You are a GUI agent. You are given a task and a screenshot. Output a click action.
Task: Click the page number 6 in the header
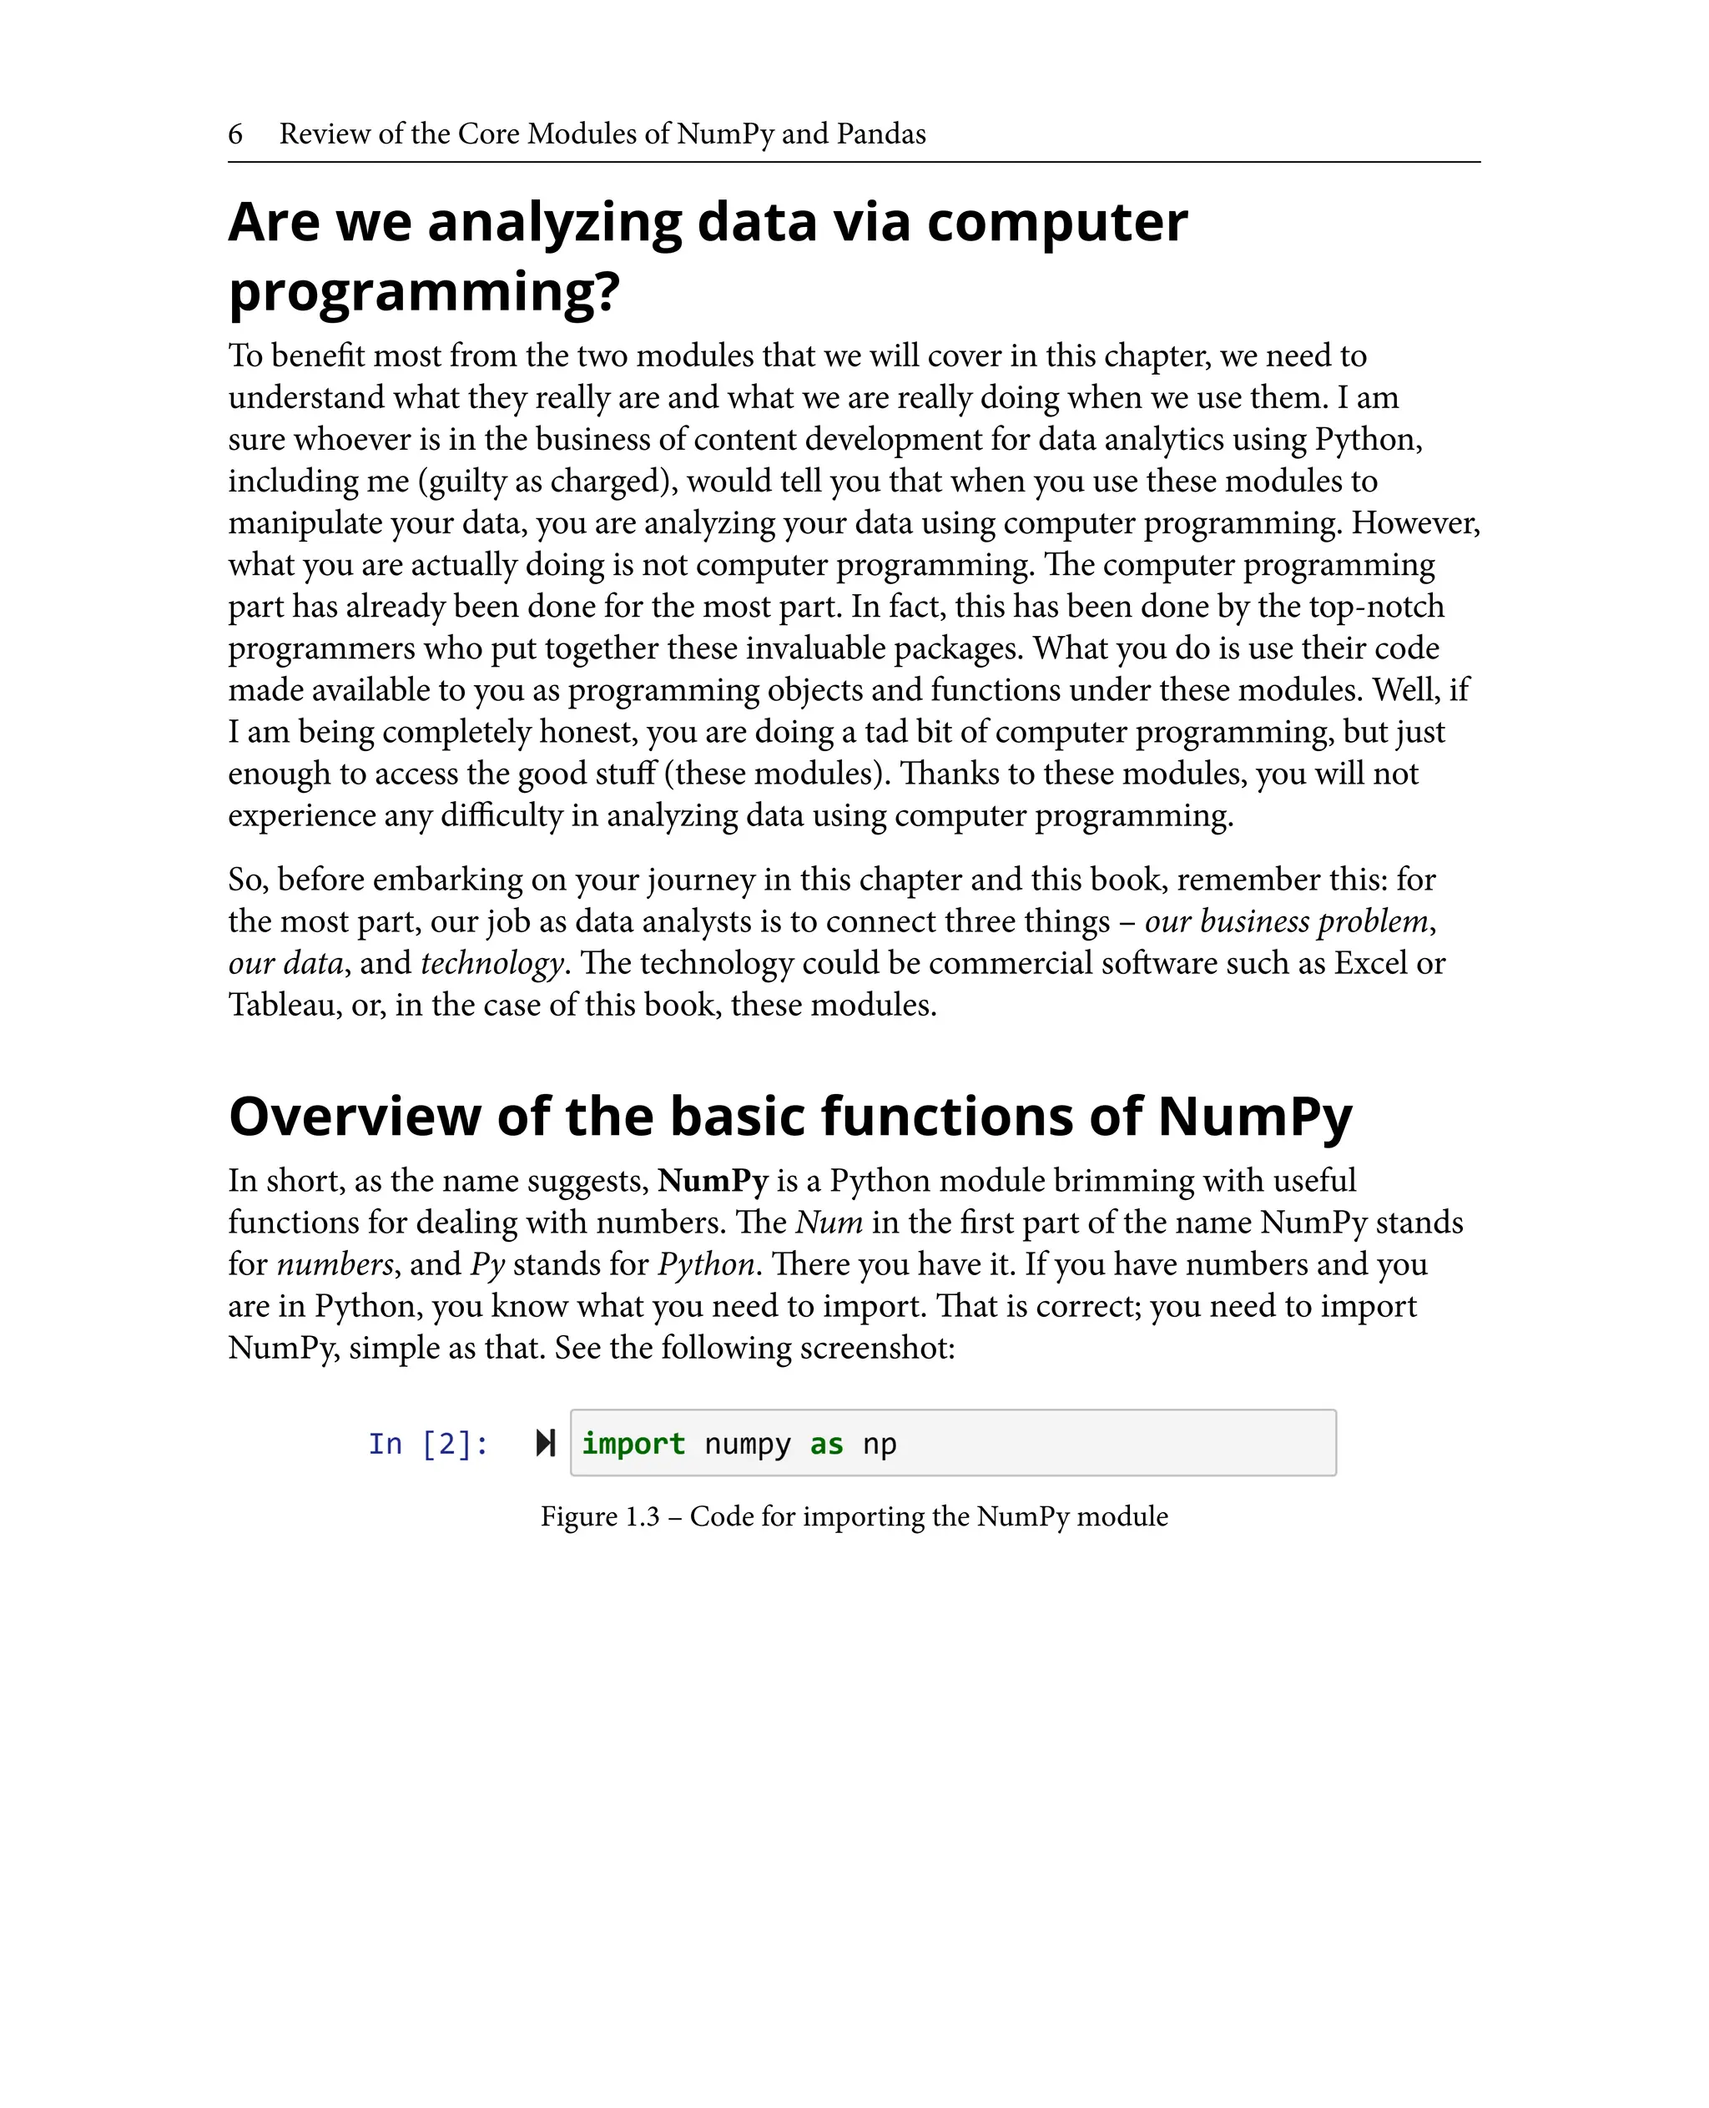tap(235, 134)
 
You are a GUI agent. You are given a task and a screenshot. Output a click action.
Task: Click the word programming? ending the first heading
tap(424, 291)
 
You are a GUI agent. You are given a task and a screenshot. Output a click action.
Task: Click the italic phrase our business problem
tap(1286, 921)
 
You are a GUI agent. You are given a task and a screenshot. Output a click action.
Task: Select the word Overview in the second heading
tap(355, 1117)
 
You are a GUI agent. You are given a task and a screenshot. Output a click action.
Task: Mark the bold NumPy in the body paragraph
tap(713, 1181)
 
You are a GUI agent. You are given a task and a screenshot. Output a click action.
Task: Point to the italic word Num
tap(829, 1223)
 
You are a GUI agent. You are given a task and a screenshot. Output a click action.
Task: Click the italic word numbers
tap(335, 1264)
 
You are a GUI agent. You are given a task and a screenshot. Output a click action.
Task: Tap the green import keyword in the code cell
tap(633, 1445)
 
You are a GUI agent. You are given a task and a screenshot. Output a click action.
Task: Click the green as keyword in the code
tap(826, 1445)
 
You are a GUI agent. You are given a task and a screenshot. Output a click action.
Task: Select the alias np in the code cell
tap(879, 1445)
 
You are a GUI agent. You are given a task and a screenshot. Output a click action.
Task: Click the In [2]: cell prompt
tap(428, 1445)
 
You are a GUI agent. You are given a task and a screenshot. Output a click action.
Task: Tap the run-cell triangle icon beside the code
tap(546, 1444)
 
